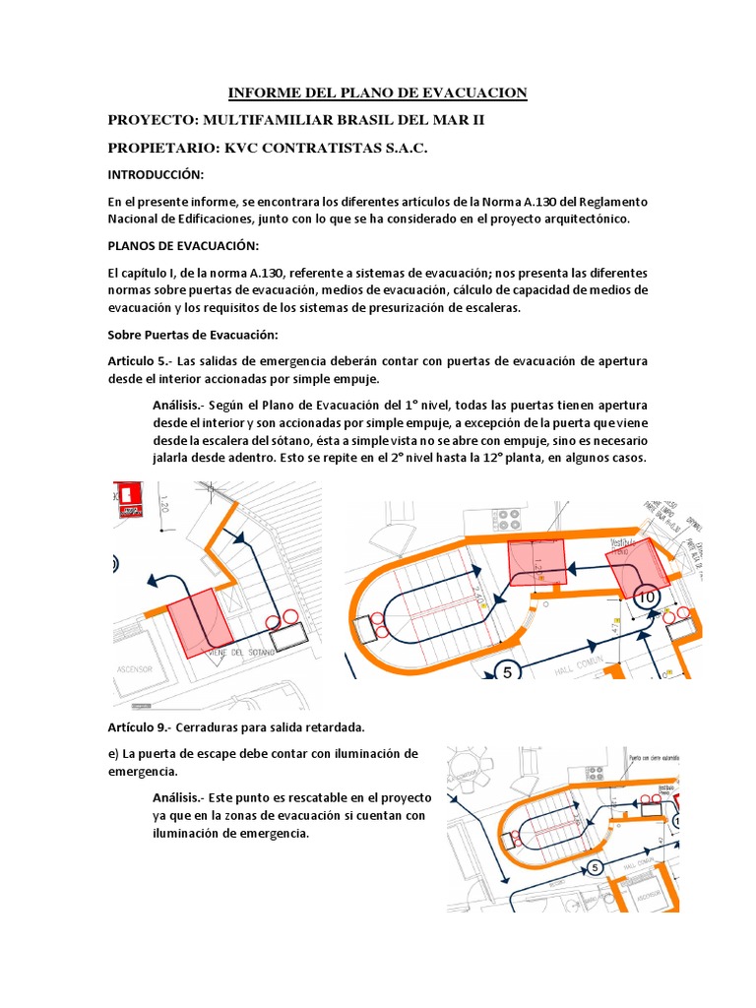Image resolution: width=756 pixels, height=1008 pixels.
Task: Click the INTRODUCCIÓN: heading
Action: (x=156, y=174)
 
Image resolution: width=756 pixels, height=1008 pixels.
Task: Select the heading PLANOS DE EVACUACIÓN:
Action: (x=182, y=245)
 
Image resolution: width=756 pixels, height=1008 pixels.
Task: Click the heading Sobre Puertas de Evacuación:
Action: (x=193, y=335)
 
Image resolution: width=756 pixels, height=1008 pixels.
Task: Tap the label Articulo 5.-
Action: (x=141, y=361)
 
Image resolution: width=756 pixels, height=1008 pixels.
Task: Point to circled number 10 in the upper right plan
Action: (x=646, y=597)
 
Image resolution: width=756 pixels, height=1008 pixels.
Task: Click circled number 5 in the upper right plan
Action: (x=508, y=673)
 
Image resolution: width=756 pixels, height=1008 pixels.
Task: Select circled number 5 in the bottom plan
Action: (x=595, y=867)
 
